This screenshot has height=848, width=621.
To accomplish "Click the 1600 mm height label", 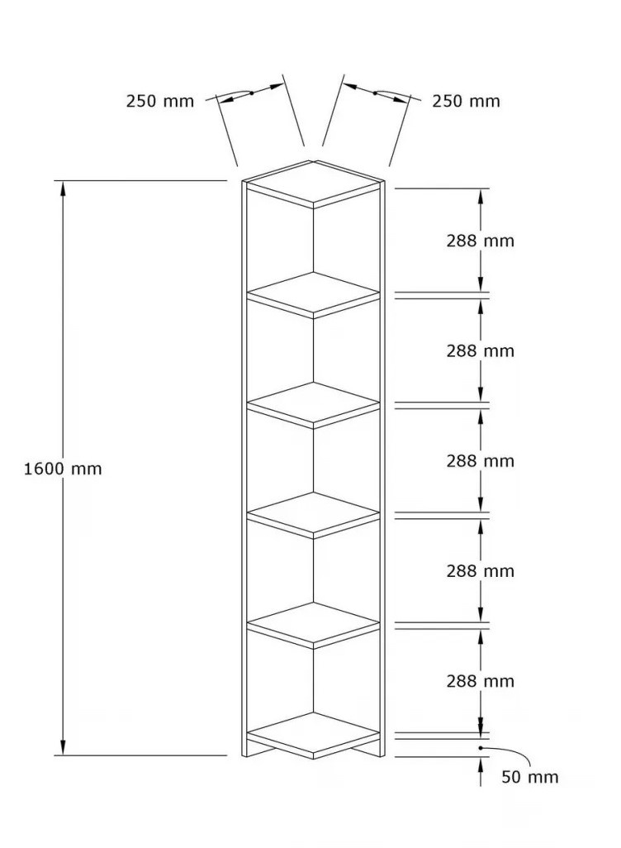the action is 63,469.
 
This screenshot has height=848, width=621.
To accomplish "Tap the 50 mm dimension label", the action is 529,777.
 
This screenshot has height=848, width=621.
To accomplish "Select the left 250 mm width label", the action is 160,101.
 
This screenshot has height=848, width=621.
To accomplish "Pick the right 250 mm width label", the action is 466,101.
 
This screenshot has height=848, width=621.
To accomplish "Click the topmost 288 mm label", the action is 480,241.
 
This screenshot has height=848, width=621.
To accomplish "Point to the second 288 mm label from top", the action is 480,351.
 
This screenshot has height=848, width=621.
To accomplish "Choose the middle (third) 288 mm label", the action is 480,460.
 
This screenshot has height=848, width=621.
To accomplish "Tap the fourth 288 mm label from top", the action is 480,571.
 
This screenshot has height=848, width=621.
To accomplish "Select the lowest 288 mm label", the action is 480,681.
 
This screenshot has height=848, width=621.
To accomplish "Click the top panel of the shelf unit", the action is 314,183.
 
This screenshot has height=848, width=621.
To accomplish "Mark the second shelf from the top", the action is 314,295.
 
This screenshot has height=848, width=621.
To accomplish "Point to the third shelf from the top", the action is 314,405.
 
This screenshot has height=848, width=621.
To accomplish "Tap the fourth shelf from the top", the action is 314,515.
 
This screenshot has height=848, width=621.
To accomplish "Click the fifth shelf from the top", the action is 314,625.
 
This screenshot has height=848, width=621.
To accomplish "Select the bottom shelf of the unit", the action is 314,736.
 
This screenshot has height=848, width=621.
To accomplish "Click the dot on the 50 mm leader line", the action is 481,748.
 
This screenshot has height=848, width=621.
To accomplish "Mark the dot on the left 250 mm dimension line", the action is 251,93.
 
